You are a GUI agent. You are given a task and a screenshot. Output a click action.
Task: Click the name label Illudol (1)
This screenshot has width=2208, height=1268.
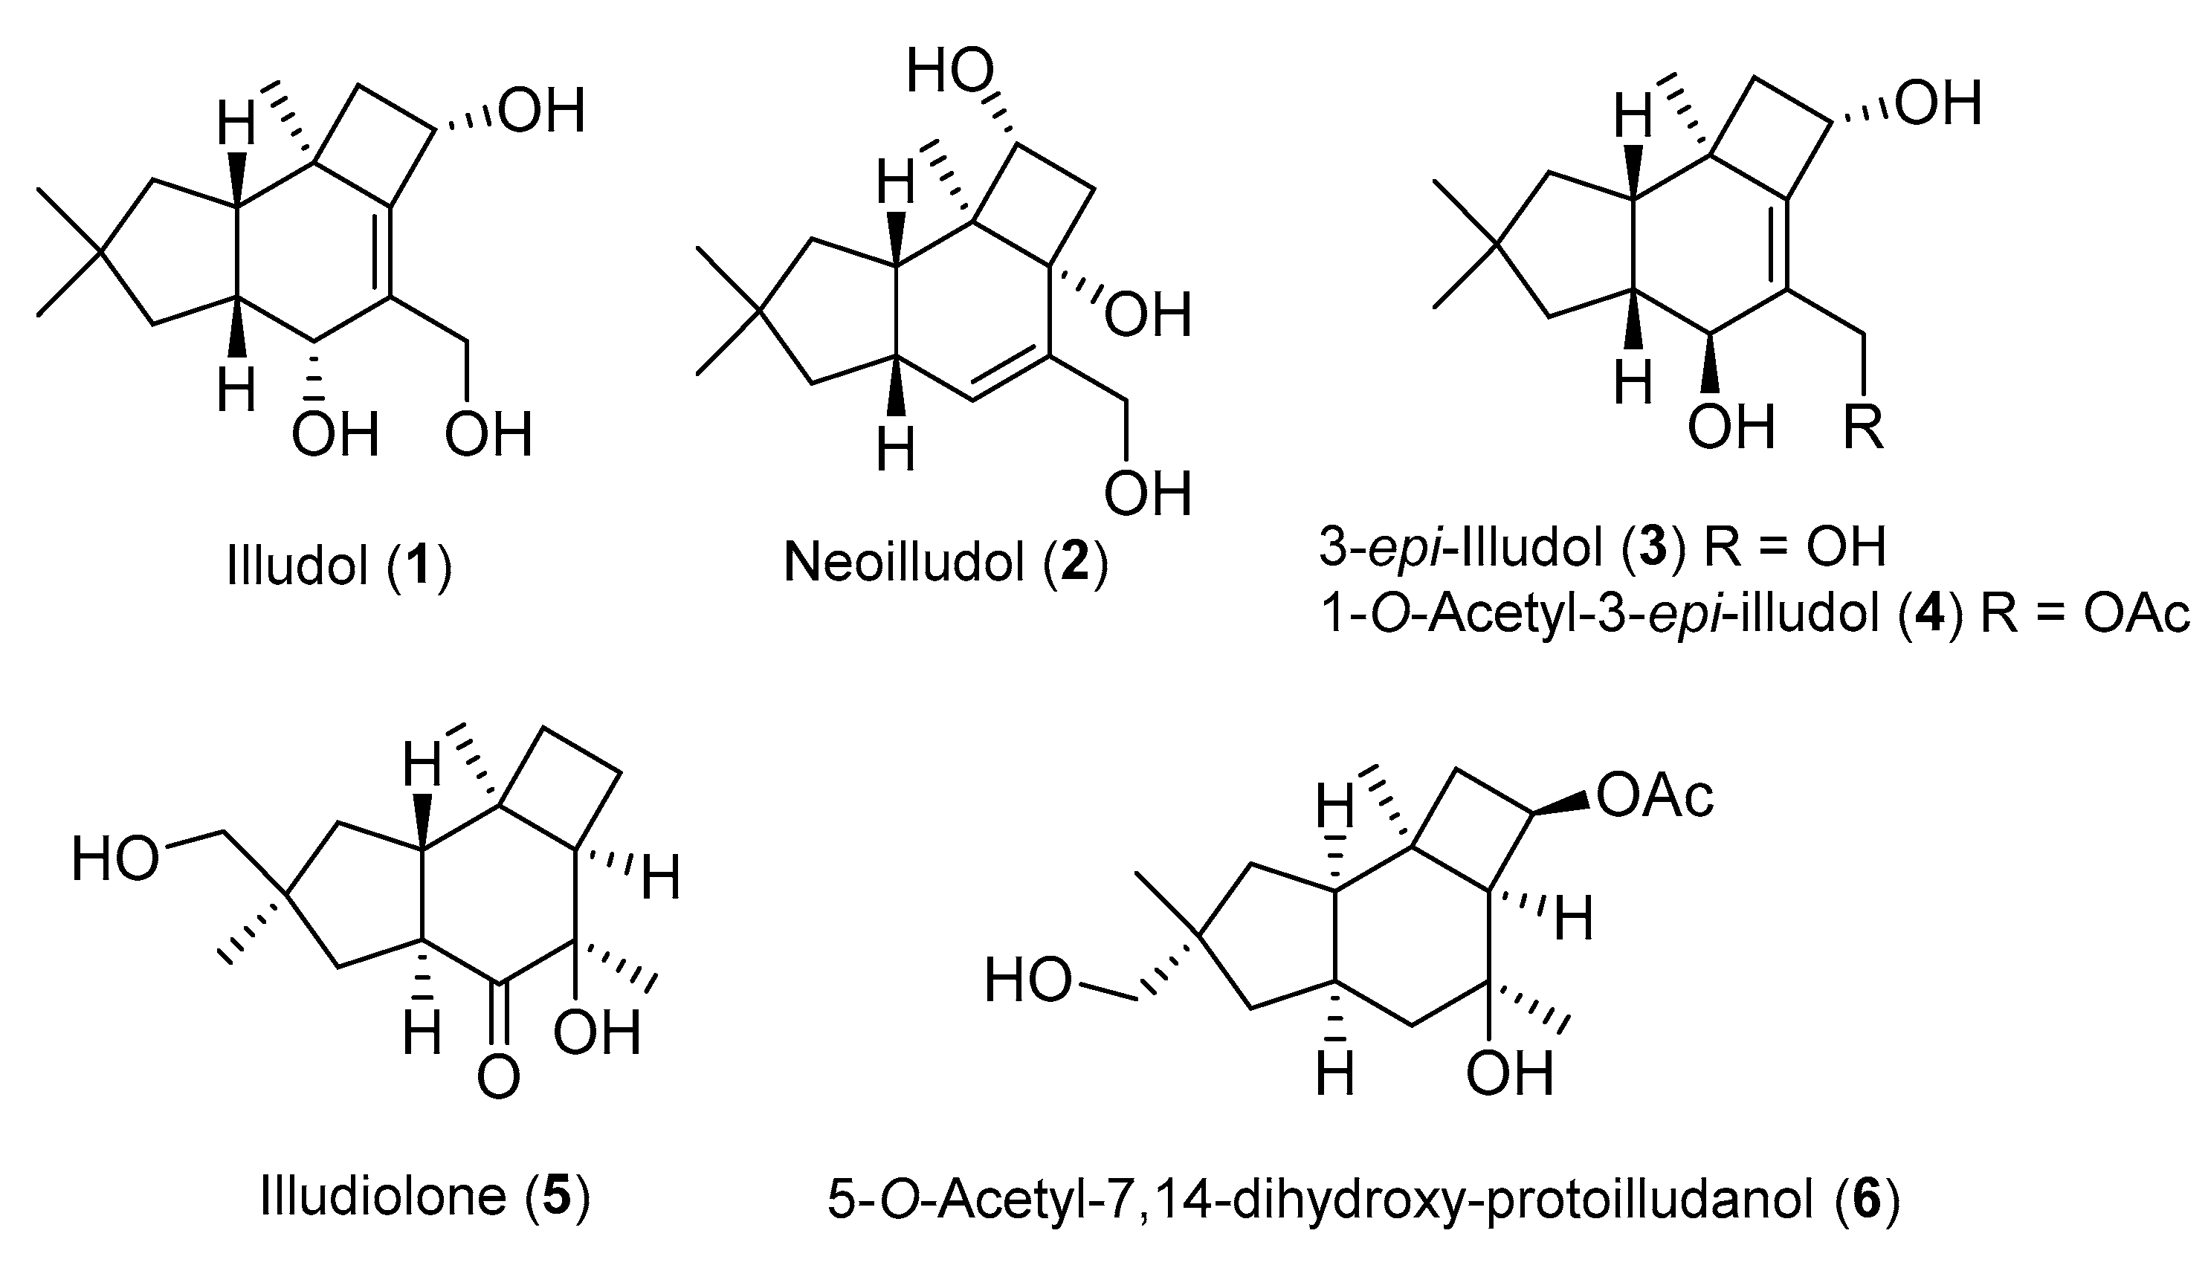pos(339,566)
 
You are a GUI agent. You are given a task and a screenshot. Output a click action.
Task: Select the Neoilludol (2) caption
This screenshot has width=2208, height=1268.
pos(946,563)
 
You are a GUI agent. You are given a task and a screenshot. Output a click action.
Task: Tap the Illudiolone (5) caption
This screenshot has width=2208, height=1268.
pos(425,1197)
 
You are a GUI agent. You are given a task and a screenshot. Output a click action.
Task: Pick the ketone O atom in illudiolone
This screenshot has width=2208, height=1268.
pos(498,1077)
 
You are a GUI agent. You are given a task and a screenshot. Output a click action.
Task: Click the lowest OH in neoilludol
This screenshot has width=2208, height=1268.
pos(1147,493)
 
